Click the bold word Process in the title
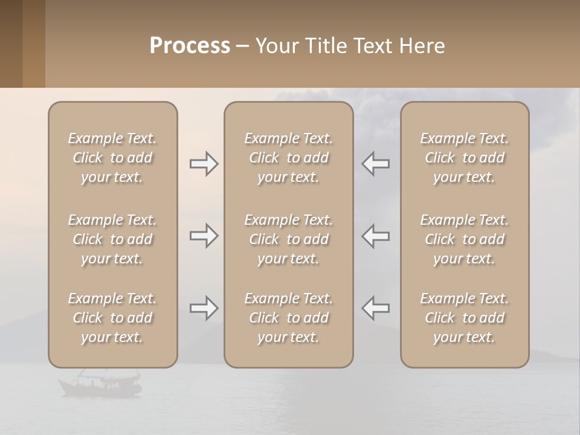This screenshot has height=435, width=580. [x=190, y=46]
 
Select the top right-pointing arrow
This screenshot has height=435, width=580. [x=204, y=164]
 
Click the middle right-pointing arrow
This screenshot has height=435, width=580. [x=204, y=235]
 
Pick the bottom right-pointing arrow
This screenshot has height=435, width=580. [x=204, y=308]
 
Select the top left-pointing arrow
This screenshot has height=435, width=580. [x=375, y=164]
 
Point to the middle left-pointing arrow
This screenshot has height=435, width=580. [x=375, y=235]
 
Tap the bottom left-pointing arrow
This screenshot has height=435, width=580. [x=375, y=308]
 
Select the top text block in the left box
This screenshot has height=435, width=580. [x=112, y=158]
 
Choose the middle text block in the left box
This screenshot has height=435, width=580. [x=112, y=239]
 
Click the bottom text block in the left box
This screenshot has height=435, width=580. [x=112, y=318]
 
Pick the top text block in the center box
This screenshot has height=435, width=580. [x=289, y=158]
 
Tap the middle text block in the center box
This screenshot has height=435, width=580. [x=289, y=239]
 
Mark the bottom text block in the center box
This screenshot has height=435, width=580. [x=289, y=318]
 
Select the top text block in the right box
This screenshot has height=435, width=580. [x=465, y=158]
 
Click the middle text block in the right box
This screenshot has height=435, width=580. [x=465, y=239]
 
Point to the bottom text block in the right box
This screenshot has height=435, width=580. [x=465, y=318]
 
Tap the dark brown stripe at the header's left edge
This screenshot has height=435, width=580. [x=11, y=43]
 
